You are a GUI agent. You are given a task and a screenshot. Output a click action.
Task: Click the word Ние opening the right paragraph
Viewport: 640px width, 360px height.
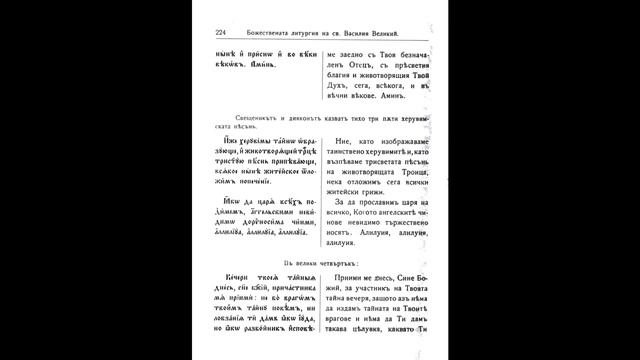tap(345, 141)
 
